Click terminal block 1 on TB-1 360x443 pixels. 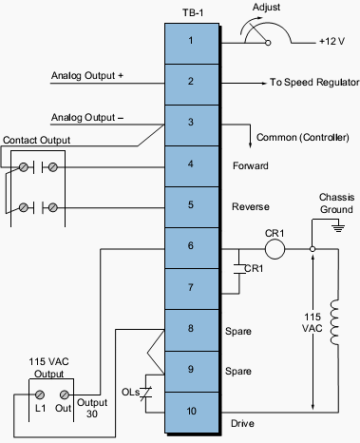[190, 41]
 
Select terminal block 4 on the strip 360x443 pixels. [190, 164]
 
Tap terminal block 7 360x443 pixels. [190, 286]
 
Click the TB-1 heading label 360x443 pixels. [190, 10]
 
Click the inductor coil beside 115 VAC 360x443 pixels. [336, 322]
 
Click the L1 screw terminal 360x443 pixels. [41, 394]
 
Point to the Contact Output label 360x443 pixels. [37, 140]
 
